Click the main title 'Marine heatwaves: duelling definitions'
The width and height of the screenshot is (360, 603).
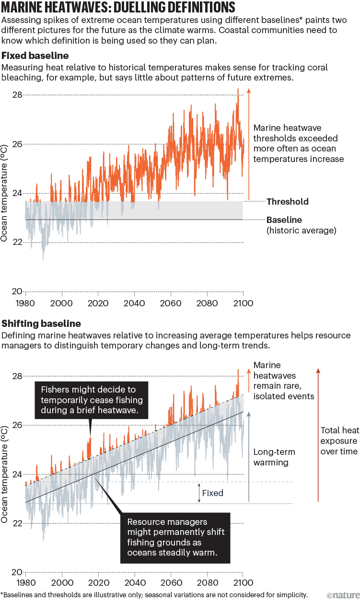[118, 8]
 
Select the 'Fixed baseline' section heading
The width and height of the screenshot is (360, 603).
[35, 55]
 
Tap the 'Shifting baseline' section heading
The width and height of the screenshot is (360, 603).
[41, 324]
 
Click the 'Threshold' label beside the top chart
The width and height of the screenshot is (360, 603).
[287, 202]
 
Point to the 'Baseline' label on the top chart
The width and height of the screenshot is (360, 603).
[284, 220]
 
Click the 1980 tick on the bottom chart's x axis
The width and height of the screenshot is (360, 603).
[25, 584]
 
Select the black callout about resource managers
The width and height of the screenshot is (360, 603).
[175, 537]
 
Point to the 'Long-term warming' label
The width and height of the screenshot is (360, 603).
[274, 457]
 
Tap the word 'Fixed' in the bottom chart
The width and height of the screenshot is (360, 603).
[212, 493]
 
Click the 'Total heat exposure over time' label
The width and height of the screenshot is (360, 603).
[338, 441]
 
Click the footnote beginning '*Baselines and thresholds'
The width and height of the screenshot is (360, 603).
[154, 595]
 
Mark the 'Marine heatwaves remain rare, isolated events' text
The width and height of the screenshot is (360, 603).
[284, 381]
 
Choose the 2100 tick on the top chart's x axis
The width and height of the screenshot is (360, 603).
[243, 303]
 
